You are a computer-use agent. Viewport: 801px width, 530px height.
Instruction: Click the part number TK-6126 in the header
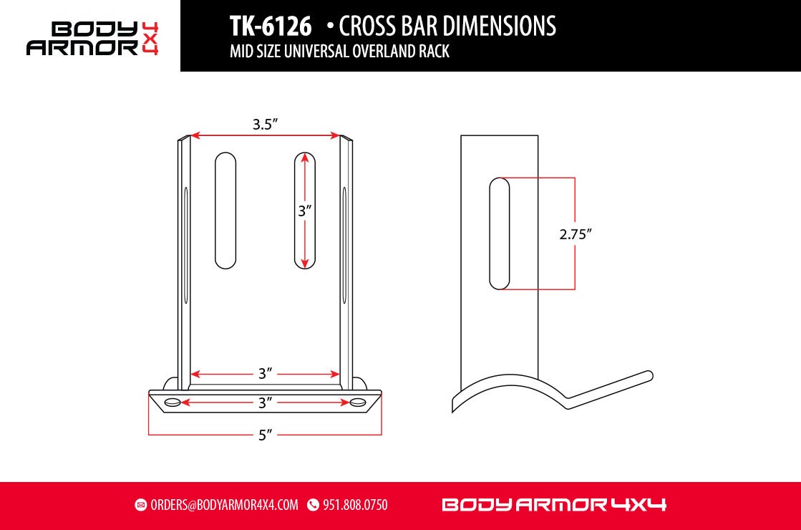click(271, 26)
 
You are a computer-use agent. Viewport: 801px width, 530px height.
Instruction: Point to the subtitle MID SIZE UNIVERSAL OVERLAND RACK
click(339, 52)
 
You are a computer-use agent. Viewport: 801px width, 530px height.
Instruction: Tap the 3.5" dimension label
click(265, 124)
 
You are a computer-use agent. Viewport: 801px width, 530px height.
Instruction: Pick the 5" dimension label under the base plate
click(265, 435)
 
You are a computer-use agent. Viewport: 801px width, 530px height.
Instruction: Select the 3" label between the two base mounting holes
click(265, 403)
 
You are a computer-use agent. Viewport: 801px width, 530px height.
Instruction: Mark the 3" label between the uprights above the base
click(265, 374)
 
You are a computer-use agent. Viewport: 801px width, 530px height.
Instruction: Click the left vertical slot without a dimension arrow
click(225, 211)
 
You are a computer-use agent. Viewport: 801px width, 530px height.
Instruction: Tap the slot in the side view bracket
click(499, 234)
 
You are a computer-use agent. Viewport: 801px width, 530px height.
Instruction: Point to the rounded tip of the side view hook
click(648, 375)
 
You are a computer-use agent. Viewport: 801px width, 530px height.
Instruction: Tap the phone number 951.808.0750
click(355, 505)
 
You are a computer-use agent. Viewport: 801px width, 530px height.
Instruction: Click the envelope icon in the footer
click(141, 505)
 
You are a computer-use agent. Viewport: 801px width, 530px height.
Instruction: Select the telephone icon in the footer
click(313, 505)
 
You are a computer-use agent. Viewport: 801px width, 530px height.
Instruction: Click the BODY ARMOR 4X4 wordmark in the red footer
click(554, 505)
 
